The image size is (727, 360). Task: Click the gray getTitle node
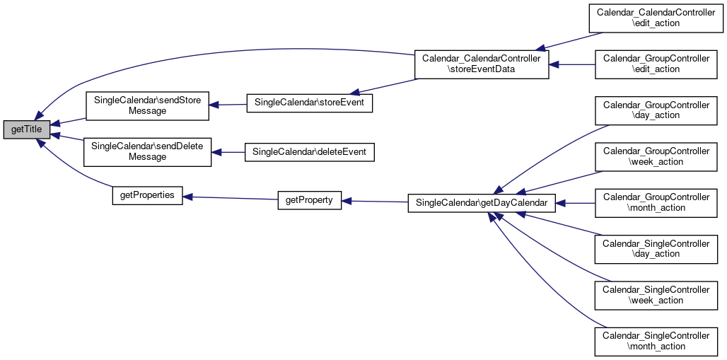click(x=26, y=129)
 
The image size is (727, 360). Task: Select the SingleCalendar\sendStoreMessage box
click(x=147, y=106)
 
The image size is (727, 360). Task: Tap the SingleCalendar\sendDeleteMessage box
click(x=147, y=152)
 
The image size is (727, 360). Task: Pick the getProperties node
click(x=147, y=195)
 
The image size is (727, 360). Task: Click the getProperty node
click(x=309, y=200)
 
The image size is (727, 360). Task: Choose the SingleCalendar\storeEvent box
click(x=309, y=103)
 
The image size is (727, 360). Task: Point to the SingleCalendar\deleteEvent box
click(x=309, y=152)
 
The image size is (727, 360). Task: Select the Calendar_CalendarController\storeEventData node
click(x=482, y=64)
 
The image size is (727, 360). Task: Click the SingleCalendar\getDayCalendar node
click(x=482, y=203)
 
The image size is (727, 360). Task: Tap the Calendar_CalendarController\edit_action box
click(x=656, y=18)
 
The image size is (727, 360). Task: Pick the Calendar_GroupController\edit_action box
click(x=656, y=64)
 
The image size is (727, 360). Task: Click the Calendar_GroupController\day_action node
click(x=656, y=110)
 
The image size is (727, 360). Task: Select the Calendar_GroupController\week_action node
click(x=656, y=157)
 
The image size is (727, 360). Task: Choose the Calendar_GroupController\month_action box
click(x=656, y=203)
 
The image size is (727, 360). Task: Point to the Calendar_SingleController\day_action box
click(x=656, y=249)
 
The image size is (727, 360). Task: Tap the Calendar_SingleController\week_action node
click(x=656, y=296)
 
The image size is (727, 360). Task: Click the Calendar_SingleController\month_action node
click(x=656, y=342)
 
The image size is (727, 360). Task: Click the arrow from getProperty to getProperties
click(x=230, y=198)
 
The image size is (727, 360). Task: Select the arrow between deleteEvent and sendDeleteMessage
click(x=228, y=152)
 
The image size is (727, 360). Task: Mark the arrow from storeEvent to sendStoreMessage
click(x=228, y=105)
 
